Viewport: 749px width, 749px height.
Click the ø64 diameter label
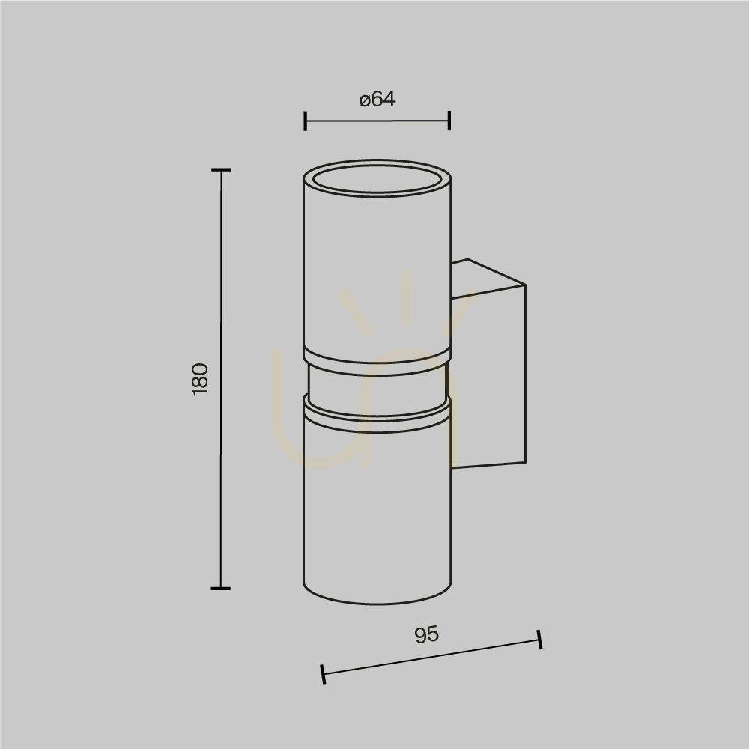(377, 100)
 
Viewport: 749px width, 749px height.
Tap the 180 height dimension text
(201, 379)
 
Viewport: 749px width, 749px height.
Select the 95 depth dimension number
(426, 635)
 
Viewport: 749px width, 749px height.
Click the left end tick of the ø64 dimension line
(306, 121)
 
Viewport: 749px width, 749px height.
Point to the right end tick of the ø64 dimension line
(449, 121)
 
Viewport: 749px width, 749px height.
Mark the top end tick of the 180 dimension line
(221, 169)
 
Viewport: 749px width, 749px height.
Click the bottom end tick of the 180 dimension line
(221, 589)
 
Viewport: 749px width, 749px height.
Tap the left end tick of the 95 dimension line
(324, 674)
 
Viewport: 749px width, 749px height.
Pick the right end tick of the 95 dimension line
(540, 640)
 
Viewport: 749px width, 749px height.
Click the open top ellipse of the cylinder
(377, 193)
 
